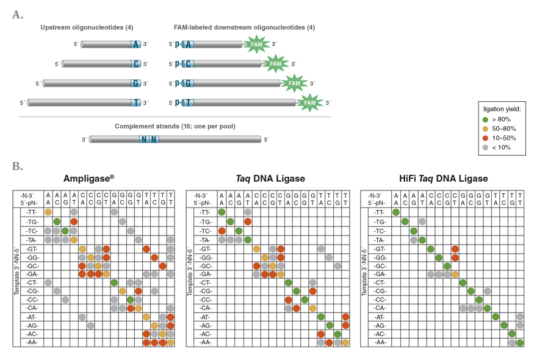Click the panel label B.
(x=18, y=165)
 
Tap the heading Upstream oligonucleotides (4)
(x=87, y=28)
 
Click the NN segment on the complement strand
(x=149, y=139)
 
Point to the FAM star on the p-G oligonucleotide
(x=295, y=83)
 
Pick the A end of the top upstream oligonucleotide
(x=135, y=44)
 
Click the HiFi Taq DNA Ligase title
(x=441, y=179)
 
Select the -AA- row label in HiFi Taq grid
(x=379, y=343)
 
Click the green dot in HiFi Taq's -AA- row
(x=520, y=343)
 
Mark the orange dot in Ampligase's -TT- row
(x=48, y=212)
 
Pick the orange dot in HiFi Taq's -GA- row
(x=455, y=275)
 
